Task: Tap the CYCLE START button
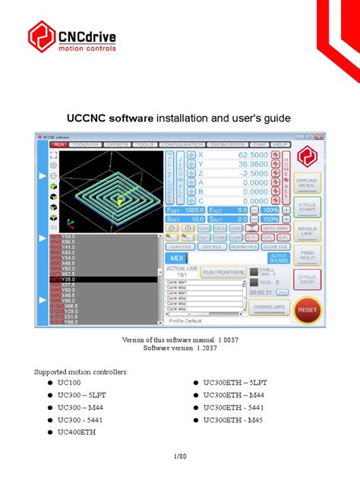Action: point(308,207)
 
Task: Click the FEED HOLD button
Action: point(308,255)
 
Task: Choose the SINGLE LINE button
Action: point(308,231)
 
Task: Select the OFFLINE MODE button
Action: point(308,183)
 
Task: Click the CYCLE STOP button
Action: point(308,280)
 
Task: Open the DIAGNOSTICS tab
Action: point(227,144)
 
